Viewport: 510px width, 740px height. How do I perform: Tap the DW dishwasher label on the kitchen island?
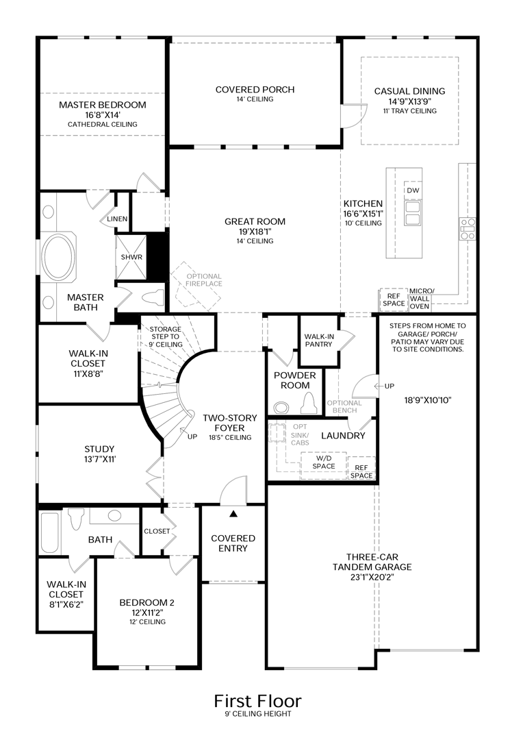[x=413, y=190]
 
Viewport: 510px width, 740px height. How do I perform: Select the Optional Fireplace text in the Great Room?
[x=203, y=280]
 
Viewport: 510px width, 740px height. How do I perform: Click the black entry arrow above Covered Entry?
[x=233, y=513]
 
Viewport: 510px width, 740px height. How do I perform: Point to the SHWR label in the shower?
[x=131, y=257]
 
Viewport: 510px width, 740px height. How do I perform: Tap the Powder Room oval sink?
[x=281, y=407]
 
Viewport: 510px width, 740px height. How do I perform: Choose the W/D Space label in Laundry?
[x=324, y=462]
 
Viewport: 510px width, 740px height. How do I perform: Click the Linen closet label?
[x=117, y=219]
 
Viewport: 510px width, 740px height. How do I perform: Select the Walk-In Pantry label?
[x=319, y=341]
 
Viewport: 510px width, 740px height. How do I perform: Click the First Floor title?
[x=257, y=701]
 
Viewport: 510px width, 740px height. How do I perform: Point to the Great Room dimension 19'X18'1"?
[x=255, y=232]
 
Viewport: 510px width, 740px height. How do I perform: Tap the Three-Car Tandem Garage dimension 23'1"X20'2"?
[x=372, y=577]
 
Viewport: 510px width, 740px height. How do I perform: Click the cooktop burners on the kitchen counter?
[x=468, y=229]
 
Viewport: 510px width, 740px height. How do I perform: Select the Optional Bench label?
[x=344, y=406]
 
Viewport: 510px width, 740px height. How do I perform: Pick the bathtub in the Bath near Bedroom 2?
[x=49, y=532]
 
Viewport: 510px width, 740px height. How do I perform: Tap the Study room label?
[x=99, y=449]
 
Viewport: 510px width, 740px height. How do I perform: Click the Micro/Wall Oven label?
[x=420, y=298]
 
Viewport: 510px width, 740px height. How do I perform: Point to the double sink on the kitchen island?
[x=413, y=213]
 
